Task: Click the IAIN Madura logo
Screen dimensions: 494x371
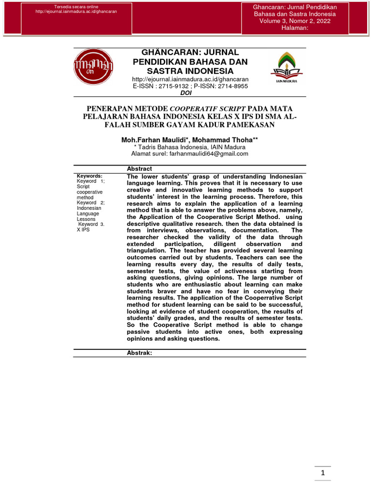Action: click(x=287, y=68)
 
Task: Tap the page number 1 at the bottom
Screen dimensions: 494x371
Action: click(x=322, y=475)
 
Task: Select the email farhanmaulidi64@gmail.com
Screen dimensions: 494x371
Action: click(x=209, y=154)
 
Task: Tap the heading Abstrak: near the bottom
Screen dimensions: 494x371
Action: click(x=139, y=353)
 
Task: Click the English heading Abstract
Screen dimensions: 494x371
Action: click(x=139, y=169)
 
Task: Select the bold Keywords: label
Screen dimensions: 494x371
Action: click(x=89, y=176)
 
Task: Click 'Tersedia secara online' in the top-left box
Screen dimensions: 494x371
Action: click(x=77, y=6)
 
